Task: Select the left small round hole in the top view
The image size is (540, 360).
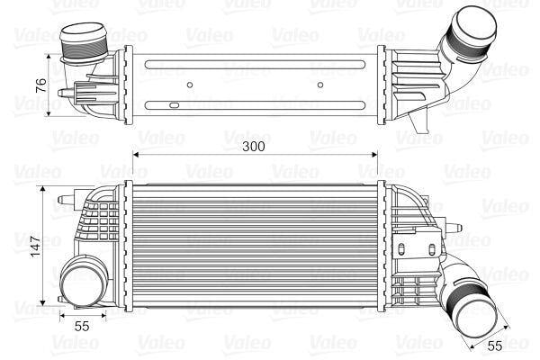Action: [x=190, y=87]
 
